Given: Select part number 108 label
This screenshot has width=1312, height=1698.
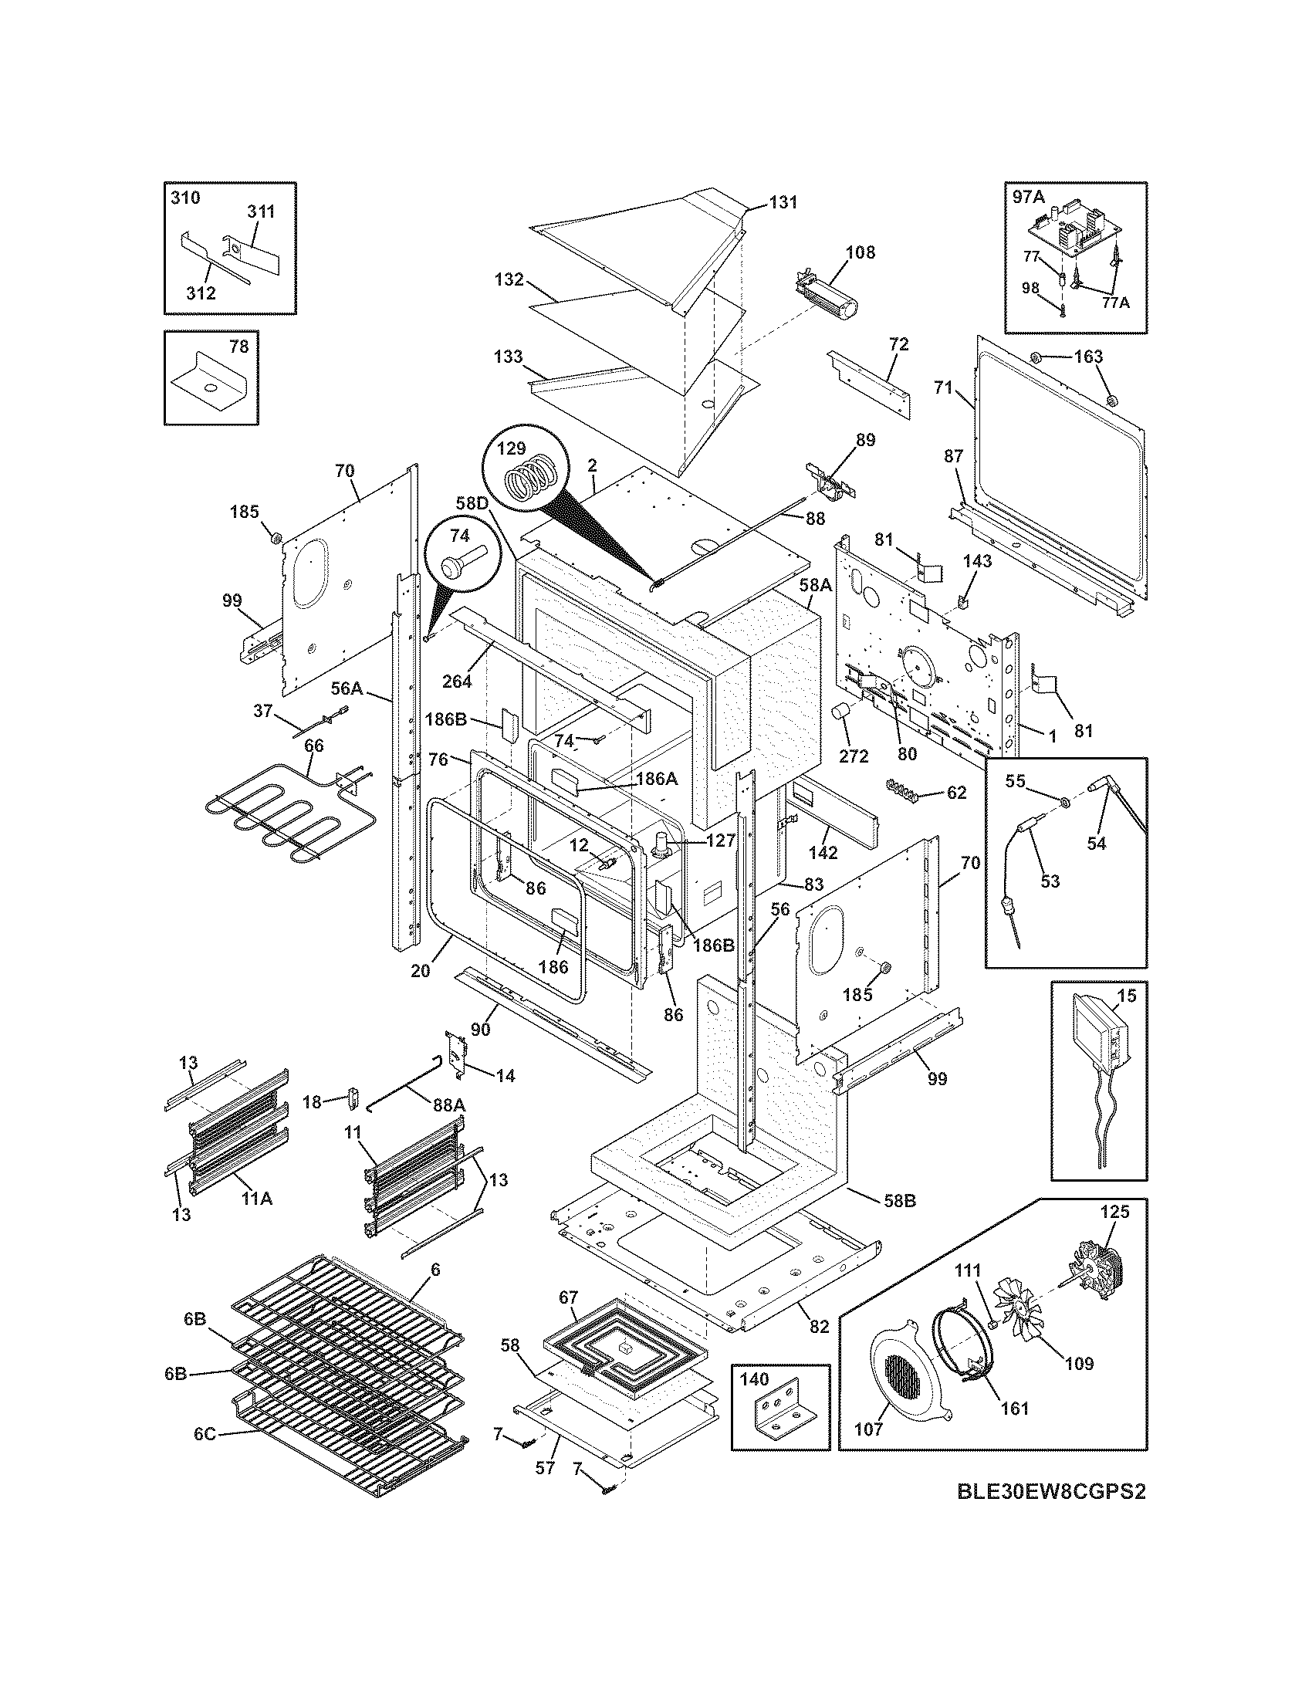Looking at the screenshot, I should pyautogui.click(x=861, y=252).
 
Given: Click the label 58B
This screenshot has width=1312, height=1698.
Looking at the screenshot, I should pyautogui.click(x=900, y=1201).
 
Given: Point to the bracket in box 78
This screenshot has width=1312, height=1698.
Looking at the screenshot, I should pyautogui.click(x=211, y=382).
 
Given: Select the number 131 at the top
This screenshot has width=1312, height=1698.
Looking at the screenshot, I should pyautogui.click(x=783, y=202).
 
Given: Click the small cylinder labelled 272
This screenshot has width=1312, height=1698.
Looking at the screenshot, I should pyautogui.click(x=840, y=712).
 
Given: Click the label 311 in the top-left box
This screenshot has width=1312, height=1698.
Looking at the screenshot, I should pyautogui.click(x=261, y=211).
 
